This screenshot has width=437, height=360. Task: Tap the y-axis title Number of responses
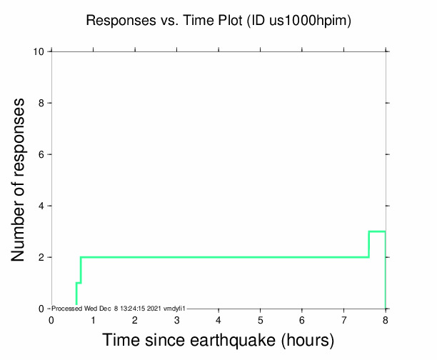(x=21, y=180)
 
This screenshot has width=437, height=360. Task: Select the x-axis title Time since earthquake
(x=218, y=340)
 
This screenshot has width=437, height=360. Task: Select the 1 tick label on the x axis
(x=93, y=319)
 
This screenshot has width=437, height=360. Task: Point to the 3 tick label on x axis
(x=176, y=319)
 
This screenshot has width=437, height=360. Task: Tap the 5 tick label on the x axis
(x=260, y=319)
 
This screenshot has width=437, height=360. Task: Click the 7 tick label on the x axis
(x=343, y=319)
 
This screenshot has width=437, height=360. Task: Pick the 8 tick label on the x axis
(x=386, y=319)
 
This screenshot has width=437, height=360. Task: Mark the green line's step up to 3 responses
(x=368, y=244)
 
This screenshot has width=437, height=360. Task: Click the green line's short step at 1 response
(x=79, y=283)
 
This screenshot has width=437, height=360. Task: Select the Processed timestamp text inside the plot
(x=119, y=308)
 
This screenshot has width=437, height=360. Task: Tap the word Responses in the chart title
(x=117, y=21)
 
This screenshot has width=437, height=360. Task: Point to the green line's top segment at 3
(x=377, y=231)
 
